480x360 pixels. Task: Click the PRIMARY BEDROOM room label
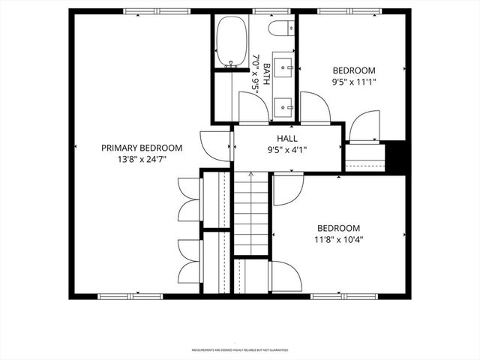[x=142, y=148]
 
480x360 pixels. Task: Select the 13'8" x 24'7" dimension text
[x=142, y=159]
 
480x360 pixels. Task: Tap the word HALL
[x=287, y=138]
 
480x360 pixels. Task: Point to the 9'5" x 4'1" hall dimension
[x=287, y=149]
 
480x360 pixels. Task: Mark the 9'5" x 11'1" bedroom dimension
[x=353, y=82]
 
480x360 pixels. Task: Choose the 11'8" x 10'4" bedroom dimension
[x=338, y=240]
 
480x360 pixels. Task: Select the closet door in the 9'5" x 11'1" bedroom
[x=366, y=126]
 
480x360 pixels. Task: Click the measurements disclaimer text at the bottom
[x=240, y=349]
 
